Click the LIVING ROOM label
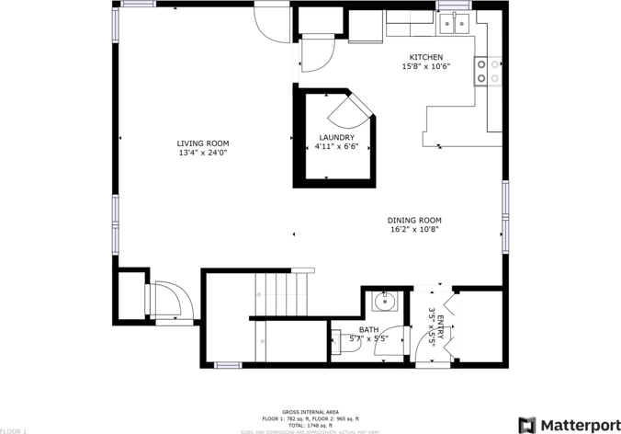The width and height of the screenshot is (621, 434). (203, 143)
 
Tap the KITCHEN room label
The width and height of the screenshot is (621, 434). (425, 57)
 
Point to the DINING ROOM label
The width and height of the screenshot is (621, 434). (414, 220)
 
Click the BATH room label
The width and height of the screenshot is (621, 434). (368, 329)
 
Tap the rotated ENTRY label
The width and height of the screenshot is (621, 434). (440, 328)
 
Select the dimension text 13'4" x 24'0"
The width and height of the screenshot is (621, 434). (203, 153)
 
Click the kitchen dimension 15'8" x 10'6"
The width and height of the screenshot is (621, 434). (425, 66)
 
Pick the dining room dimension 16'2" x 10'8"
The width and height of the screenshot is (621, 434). (414, 229)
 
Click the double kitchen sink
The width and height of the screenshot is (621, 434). (455, 24)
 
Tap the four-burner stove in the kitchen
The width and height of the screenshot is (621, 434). (487, 72)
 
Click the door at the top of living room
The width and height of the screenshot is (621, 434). (272, 21)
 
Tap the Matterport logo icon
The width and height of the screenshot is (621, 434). (528, 425)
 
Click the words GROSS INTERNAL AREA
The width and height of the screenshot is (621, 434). (310, 412)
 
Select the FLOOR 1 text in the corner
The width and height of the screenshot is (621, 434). (14, 429)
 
